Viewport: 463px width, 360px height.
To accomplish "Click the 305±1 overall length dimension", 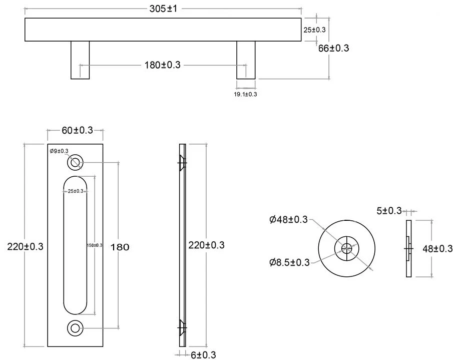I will point(163,9).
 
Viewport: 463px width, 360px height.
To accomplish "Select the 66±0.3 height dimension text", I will point(333,48).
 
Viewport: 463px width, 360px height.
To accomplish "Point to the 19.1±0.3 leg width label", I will point(245,94).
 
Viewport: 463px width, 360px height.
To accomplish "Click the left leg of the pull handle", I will point(80,60).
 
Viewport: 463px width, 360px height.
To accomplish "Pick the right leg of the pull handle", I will point(246,60).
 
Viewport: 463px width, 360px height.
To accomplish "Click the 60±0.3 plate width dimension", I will point(78,130).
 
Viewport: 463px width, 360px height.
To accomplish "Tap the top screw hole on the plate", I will point(75,162).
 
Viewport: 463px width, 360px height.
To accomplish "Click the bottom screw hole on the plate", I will point(75,328).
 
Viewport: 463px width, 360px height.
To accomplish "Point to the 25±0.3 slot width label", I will point(76,191).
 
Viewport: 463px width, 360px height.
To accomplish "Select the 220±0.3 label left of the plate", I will point(26,246).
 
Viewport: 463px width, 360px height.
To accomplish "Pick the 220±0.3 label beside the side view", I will point(206,245).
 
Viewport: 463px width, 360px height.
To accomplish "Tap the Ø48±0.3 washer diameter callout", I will point(288,219).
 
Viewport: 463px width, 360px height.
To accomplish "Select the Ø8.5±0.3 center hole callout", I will point(289,261).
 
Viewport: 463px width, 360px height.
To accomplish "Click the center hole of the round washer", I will point(347,247).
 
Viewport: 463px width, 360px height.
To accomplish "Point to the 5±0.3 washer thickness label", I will point(389,211).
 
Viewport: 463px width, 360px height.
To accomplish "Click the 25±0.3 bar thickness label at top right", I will point(314,30).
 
